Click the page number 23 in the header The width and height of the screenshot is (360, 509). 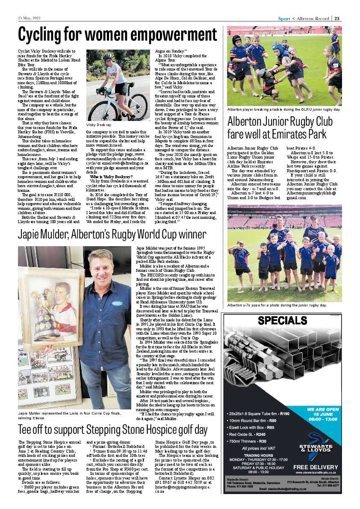[x=337, y=18]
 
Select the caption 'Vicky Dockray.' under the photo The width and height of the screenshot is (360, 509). [x=99, y=124]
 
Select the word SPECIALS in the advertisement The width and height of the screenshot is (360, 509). [x=283, y=321]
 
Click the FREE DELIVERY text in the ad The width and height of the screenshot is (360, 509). [x=317, y=466]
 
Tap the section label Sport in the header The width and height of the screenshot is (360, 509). [x=284, y=18]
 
